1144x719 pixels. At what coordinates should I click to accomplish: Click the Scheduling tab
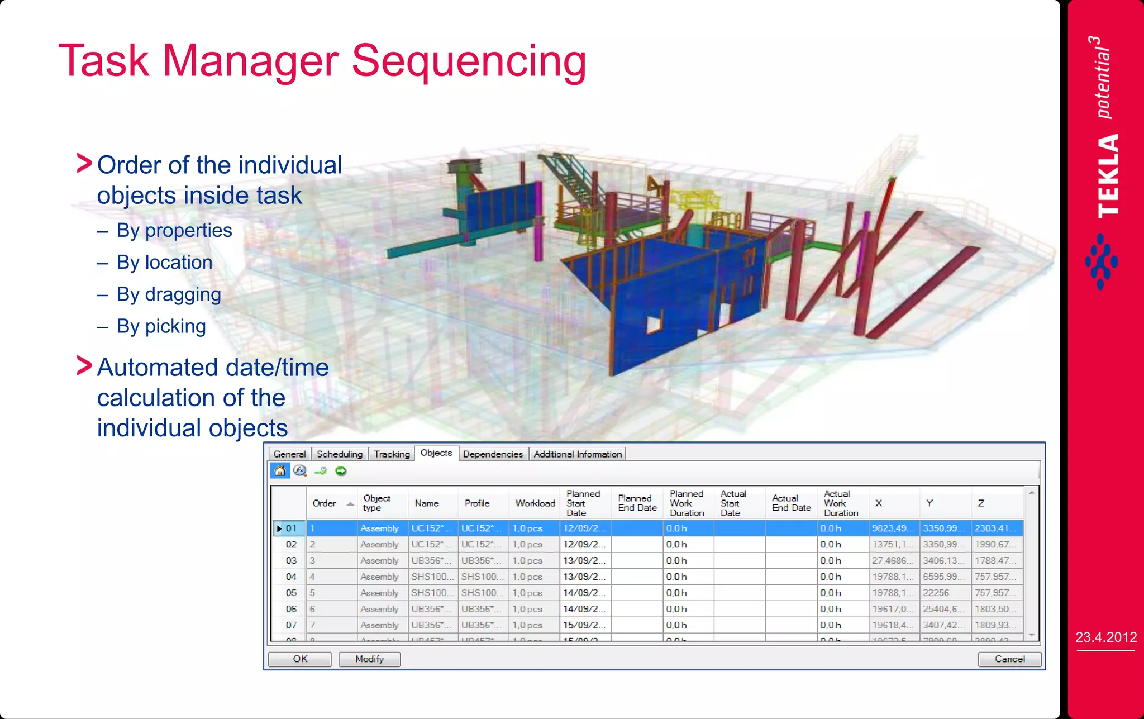pos(339,454)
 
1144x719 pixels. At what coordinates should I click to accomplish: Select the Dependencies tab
pos(493,454)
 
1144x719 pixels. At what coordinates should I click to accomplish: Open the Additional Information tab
pos(578,454)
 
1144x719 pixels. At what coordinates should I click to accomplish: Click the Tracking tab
pos(392,454)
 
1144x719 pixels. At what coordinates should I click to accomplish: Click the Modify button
pos(369,659)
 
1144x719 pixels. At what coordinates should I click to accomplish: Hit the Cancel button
pos(1009,659)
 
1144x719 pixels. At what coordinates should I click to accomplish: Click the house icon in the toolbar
pos(280,471)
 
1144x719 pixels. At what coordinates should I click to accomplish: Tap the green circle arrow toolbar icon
pos(341,471)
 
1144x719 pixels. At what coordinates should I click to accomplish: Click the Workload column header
pos(535,503)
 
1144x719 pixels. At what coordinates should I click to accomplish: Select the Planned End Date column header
pos(637,503)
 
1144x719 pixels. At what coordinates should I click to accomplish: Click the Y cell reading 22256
pos(936,593)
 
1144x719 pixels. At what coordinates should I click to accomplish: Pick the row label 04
pos(291,577)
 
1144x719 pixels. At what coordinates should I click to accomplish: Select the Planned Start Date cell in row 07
pos(584,625)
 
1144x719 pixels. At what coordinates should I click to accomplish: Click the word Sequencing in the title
pos(469,61)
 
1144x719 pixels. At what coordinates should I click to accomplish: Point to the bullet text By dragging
pos(169,294)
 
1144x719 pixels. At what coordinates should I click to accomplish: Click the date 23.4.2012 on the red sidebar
pos(1106,637)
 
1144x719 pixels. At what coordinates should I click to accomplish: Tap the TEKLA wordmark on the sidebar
pos(1107,176)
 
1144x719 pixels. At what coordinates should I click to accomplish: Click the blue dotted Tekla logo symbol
pos(1101,261)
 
